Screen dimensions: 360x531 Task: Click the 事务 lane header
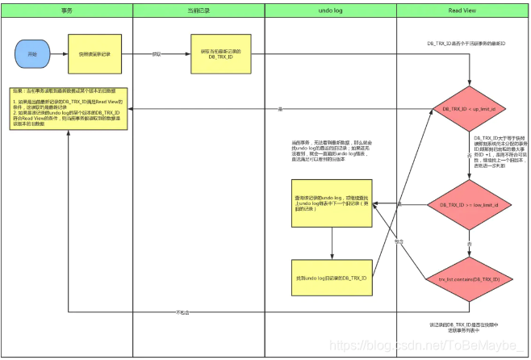(69, 9)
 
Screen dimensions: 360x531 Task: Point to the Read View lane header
(463, 9)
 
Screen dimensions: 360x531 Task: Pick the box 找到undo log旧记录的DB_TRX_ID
(332, 278)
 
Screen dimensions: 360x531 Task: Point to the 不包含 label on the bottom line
(182, 312)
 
